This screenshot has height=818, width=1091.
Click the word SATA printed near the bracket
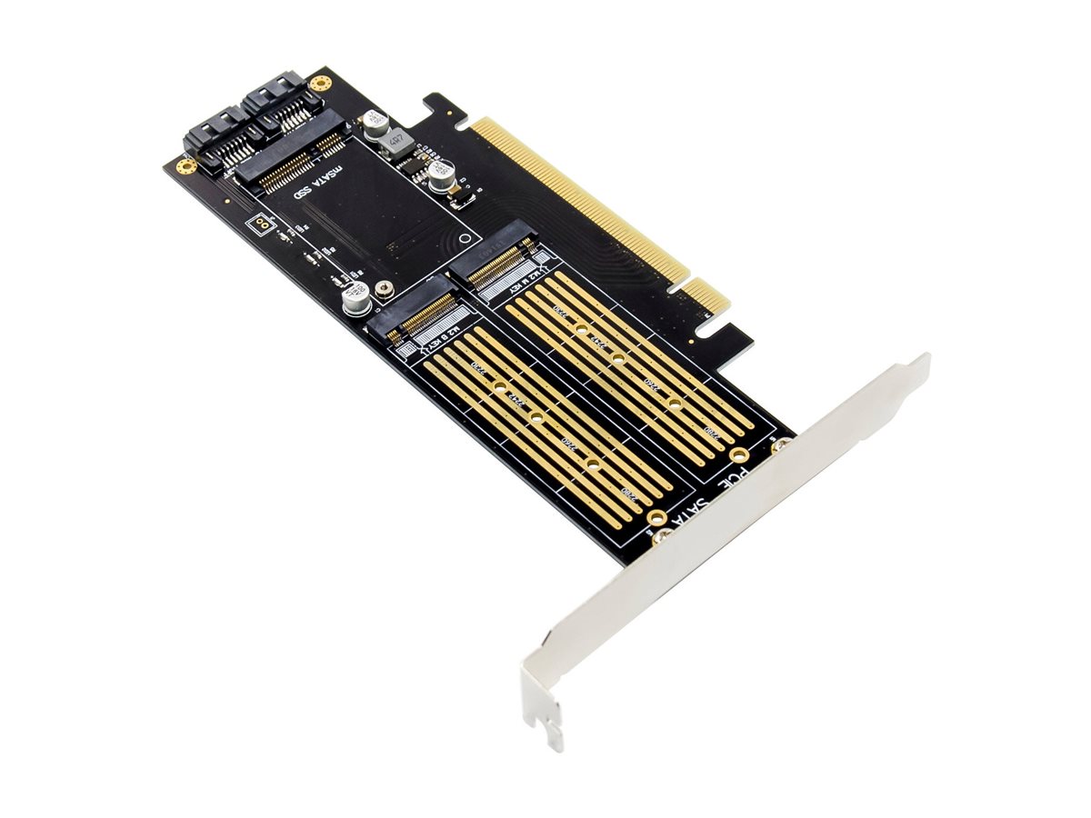686,516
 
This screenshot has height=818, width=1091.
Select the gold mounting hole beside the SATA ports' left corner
186,167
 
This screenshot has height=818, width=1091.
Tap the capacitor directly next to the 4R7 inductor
374,125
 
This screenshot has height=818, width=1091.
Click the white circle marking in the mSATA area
466,238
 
